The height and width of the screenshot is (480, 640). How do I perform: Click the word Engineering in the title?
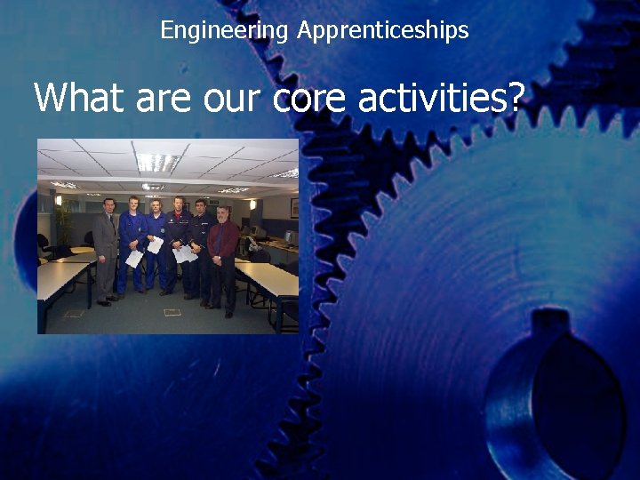pyautogui.click(x=224, y=31)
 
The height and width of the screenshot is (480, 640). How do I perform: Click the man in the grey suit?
pyautogui.click(x=107, y=249)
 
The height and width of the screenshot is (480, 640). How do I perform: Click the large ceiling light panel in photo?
pyautogui.click(x=157, y=162)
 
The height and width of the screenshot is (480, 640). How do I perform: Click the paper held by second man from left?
pyautogui.click(x=134, y=258)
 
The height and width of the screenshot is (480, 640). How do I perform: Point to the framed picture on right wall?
pyautogui.click(x=294, y=208)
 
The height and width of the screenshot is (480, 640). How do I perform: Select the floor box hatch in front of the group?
pyautogui.click(x=172, y=312)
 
